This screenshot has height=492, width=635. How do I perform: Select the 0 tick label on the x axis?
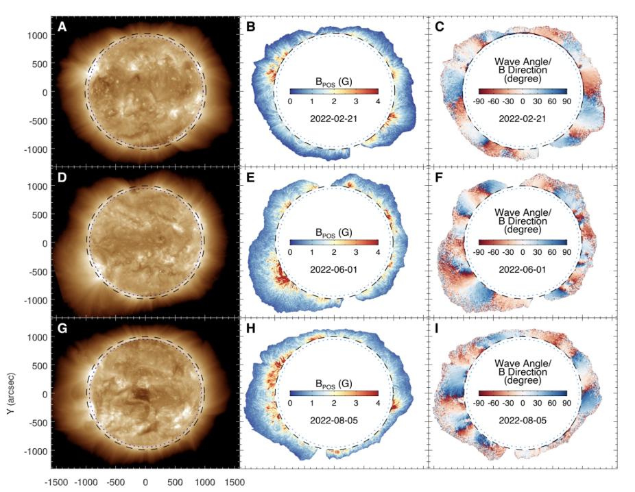145,482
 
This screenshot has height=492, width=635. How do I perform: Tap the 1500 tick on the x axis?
234,482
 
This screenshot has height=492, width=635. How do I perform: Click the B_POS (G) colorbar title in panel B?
333,77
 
